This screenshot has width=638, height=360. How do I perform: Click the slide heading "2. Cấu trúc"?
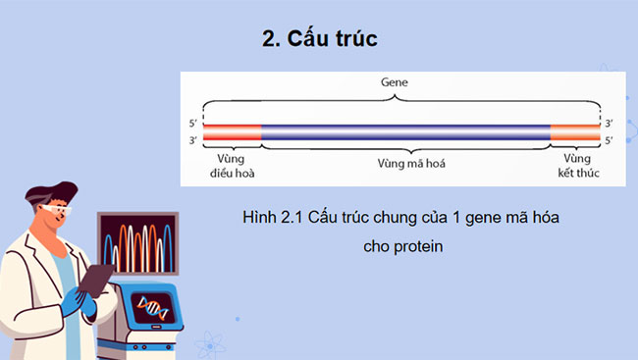click(320, 39)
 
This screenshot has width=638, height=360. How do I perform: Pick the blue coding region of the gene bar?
click(404, 132)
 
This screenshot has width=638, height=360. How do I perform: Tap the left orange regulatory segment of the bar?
click(232, 132)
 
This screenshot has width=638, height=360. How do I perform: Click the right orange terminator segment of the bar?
click(574, 132)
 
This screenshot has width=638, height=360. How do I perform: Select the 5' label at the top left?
click(192, 125)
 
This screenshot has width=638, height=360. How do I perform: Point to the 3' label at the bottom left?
click(192, 140)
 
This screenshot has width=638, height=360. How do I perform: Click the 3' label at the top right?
click(610, 125)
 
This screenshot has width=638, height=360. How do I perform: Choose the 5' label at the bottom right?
click(610, 140)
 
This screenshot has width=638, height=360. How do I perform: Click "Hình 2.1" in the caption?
click(269, 216)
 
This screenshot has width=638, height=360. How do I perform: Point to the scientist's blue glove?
click(75, 303)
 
